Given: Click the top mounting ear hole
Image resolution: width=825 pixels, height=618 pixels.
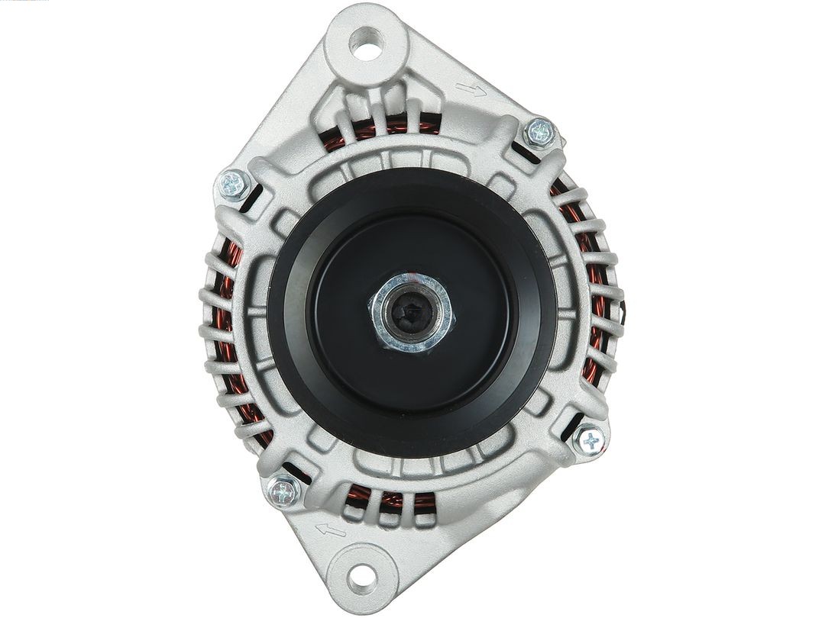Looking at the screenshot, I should point(367,43).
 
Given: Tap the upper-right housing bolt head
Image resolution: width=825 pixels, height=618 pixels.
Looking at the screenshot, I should point(541,132).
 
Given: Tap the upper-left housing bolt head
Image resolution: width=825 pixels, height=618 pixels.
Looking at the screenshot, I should point(233,184).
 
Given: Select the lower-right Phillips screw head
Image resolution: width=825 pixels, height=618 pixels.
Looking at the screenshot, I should point(590,440).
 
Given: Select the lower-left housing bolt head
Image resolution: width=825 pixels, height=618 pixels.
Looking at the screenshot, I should point(283,491).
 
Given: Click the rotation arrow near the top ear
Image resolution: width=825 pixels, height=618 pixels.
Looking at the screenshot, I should point(471,91).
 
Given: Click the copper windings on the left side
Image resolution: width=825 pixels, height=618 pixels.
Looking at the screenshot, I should point(226,343).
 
